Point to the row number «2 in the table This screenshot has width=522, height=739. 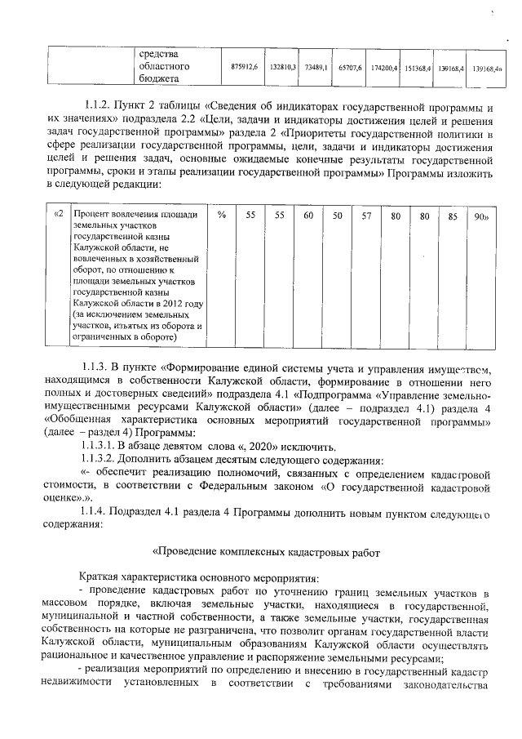57,215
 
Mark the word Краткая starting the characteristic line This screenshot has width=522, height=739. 99,577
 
